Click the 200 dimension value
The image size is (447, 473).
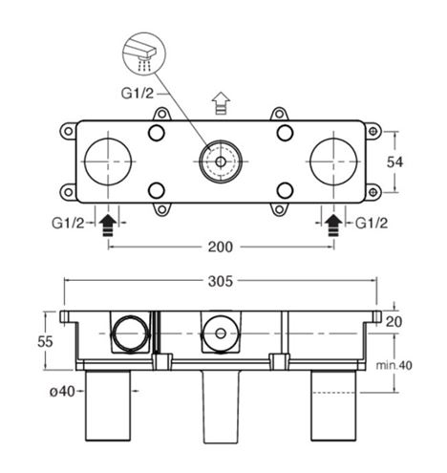(x=221, y=247)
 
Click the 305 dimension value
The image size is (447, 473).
(x=221, y=281)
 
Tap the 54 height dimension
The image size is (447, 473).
(x=394, y=162)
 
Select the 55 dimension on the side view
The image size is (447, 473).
(x=45, y=342)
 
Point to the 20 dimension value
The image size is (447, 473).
(x=394, y=322)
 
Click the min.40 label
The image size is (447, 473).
(x=394, y=365)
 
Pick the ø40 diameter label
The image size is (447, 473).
(x=62, y=392)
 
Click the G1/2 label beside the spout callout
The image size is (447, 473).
(x=138, y=94)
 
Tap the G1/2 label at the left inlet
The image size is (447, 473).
(x=68, y=224)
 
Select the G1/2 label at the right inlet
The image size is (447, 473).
(x=372, y=224)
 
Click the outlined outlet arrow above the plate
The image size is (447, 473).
(x=221, y=103)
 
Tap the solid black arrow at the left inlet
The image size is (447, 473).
(x=108, y=226)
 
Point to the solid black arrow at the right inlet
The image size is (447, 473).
(x=333, y=226)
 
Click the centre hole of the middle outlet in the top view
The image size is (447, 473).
(x=221, y=161)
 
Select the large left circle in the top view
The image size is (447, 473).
(x=108, y=161)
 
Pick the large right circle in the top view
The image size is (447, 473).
(x=333, y=161)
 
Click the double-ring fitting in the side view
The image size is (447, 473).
(x=130, y=333)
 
